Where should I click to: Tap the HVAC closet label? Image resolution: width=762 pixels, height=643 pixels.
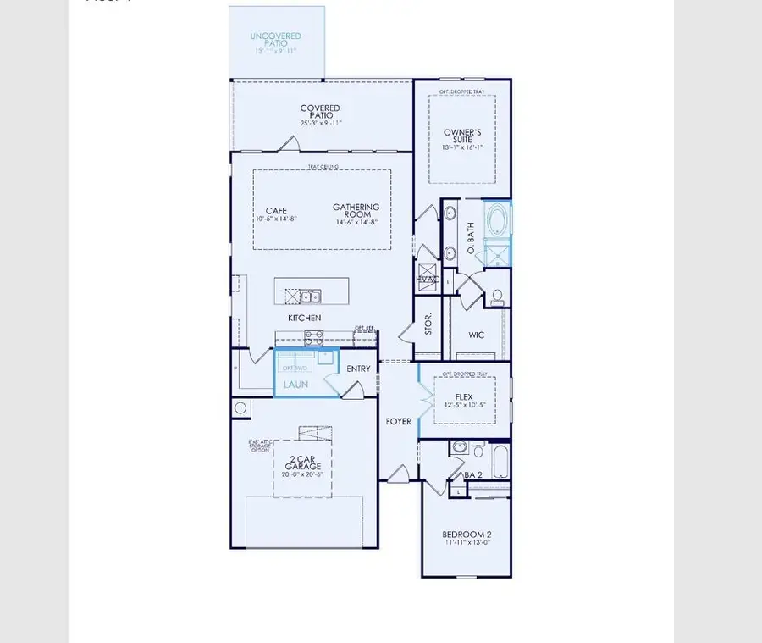[427, 280]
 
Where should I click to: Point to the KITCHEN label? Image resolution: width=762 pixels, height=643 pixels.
[305, 318]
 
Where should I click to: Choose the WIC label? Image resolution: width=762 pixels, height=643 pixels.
[478, 335]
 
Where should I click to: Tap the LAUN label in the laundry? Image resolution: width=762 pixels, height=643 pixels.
[295, 384]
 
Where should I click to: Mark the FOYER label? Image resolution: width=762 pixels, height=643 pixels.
[399, 420]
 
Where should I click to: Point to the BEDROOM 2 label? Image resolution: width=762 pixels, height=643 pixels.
[467, 535]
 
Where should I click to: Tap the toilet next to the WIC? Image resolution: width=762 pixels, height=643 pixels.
[498, 297]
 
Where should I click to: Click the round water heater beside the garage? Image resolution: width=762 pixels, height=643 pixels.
[240, 408]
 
